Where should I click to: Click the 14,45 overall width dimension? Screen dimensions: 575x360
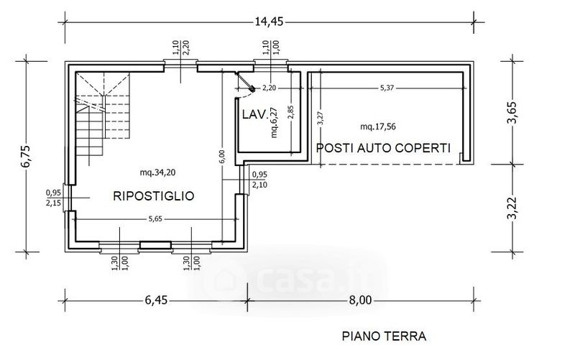click(269, 22)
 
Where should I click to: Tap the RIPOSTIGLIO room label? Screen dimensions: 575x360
click(154, 196)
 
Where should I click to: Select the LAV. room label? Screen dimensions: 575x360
click(254, 114)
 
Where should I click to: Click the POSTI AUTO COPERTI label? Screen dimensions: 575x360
click(383, 148)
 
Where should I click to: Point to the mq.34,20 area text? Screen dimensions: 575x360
click(157, 172)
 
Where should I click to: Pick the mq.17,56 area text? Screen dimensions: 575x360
click(378, 127)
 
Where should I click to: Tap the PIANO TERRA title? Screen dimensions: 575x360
click(384, 336)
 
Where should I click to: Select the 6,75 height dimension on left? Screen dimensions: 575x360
click(27, 157)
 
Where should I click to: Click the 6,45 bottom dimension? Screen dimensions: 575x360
click(156, 300)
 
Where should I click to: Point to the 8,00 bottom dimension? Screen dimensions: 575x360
click(360, 300)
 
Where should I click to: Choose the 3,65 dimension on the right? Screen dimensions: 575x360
click(512, 113)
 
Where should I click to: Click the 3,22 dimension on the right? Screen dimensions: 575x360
click(512, 208)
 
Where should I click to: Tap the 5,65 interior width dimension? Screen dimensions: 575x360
click(155, 219)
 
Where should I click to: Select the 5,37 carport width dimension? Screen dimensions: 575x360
click(387, 88)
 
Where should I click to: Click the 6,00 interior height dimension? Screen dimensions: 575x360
click(222, 157)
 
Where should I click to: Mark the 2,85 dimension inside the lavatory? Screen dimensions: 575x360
click(291, 112)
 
